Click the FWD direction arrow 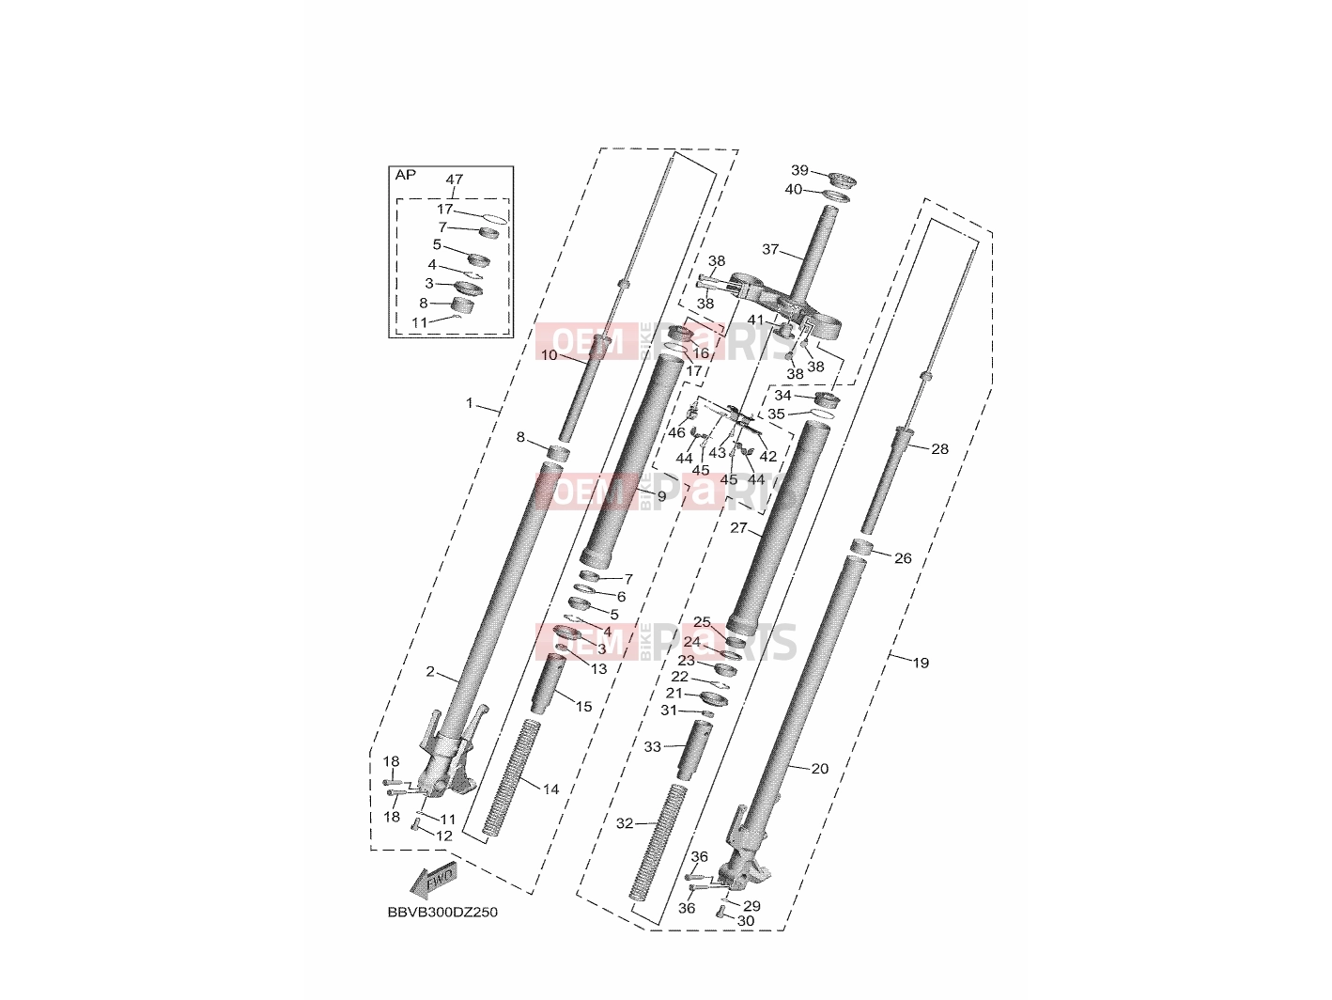coord(433,880)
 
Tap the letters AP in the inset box coord(406,175)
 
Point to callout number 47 coord(455,180)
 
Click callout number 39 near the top coord(799,171)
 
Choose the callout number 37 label coord(770,249)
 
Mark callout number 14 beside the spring coord(550,789)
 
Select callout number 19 coord(921,663)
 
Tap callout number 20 coord(820,769)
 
